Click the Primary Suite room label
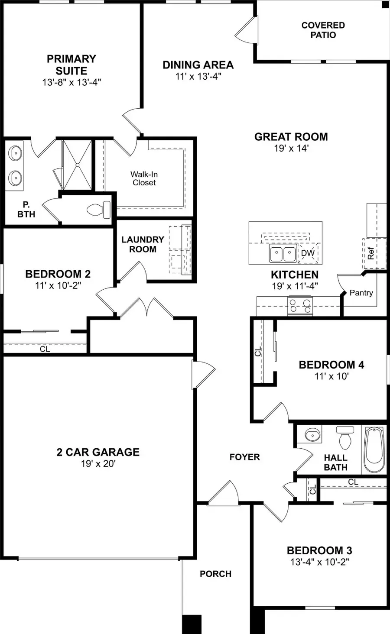click(x=71, y=65)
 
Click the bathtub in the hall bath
click(x=374, y=450)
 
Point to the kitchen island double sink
click(x=283, y=254)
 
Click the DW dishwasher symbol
click(x=308, y=253)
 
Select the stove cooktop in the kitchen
click(x=300, y=306)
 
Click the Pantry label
click(x=361, y=293)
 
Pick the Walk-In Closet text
click(x=144, y=178)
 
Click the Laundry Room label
click(x=143, y=244)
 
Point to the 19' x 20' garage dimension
click(x=98, y=464)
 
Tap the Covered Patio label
click(x=323, y=30)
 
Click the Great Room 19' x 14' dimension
click(x=291, y=148)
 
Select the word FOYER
click(x=244, y=457)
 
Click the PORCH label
click(x=215, y=574)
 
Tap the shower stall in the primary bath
click(x=77, y=165)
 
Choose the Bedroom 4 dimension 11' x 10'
click(x=331, y=376)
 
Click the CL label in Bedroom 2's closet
click(x=45, y=349)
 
